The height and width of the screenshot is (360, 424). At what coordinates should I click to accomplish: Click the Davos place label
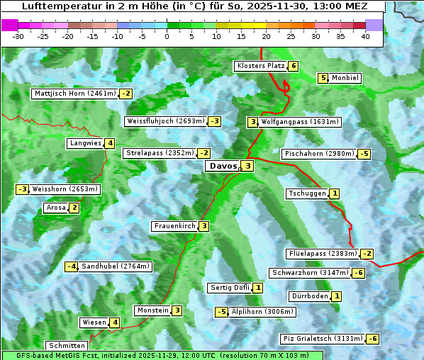point(223,167)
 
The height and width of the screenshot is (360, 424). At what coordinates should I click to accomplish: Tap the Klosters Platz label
point(260,66)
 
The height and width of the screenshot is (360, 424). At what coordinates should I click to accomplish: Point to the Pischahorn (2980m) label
point(318,154)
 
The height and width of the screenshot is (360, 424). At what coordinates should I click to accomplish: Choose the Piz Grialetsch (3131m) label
point(323,339)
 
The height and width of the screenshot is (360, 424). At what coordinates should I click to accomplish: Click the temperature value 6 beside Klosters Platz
point(293,66)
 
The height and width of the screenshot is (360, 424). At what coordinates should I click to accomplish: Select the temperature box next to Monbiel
point(323,78)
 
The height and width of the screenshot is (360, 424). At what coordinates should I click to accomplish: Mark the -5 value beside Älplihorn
point(222,312)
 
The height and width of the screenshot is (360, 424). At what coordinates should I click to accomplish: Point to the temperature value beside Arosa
point(74,208)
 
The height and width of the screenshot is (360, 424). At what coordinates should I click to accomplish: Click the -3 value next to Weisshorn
point(23,189)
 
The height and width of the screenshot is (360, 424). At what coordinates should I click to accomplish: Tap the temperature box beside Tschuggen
point(335,193)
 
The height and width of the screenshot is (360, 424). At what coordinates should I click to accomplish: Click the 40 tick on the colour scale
point(365,36)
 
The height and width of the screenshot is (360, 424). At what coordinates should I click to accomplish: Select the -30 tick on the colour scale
point(18,36)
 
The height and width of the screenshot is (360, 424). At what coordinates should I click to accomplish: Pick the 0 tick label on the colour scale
point(167,36)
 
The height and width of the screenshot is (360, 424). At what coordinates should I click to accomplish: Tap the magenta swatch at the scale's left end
point(9,25)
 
